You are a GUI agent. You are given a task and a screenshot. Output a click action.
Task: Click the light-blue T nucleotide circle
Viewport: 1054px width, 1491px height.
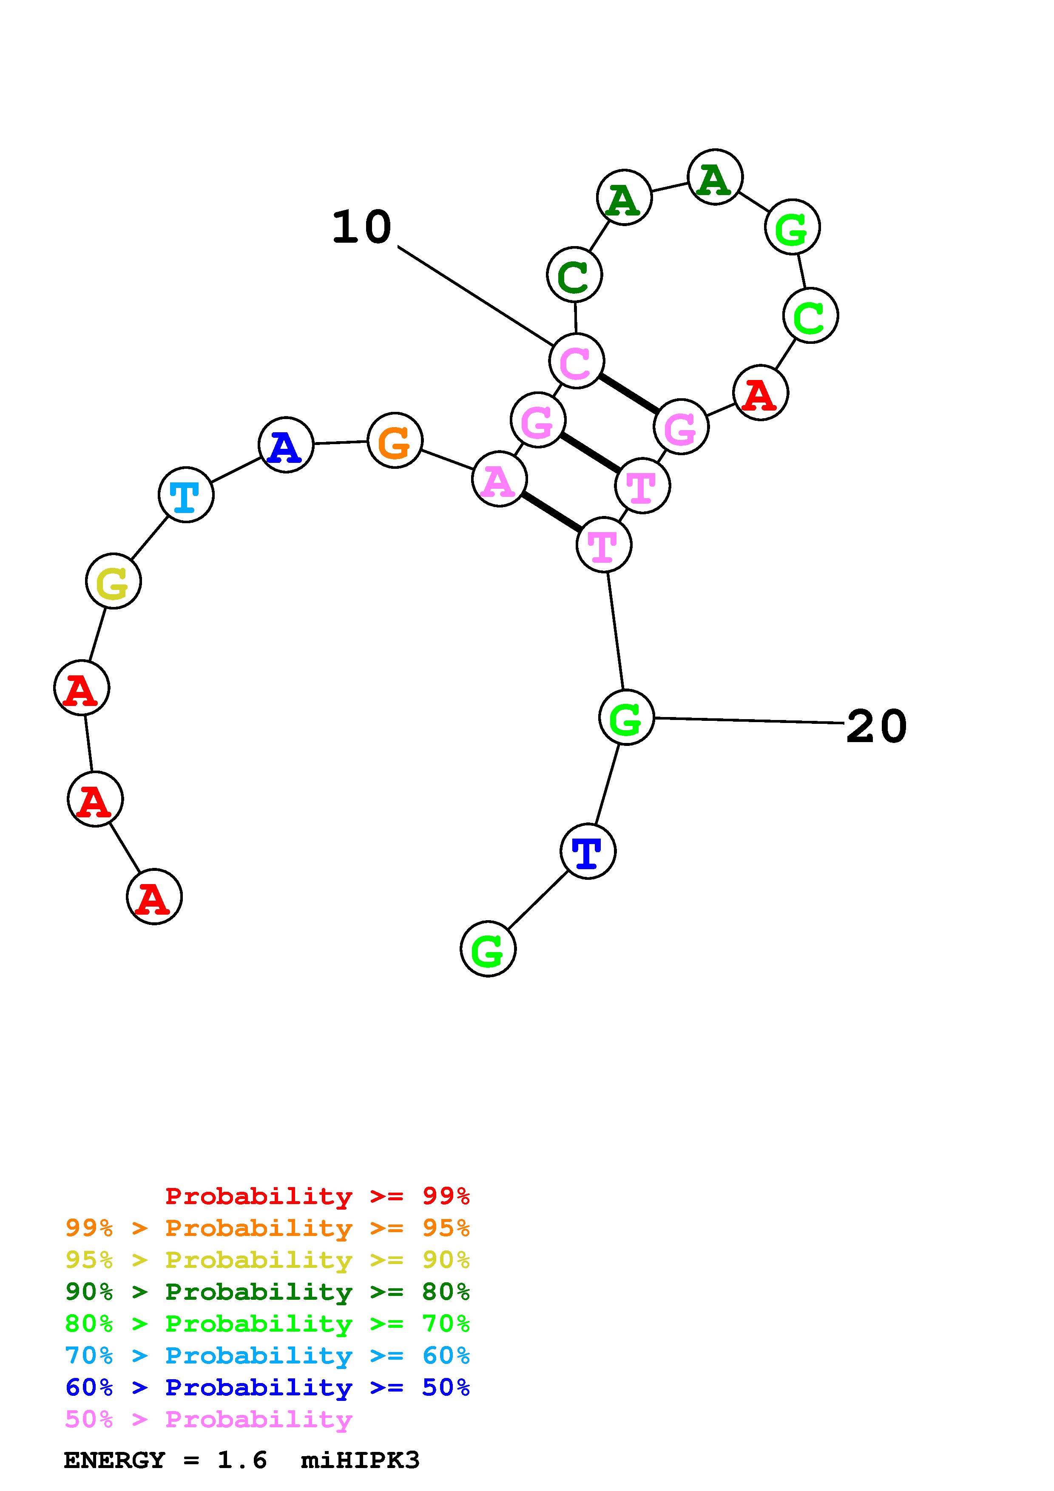186,494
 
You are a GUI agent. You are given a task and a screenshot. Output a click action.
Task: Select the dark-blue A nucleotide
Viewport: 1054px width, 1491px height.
286,445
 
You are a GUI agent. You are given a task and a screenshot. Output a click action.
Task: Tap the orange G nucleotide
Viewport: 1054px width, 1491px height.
395,440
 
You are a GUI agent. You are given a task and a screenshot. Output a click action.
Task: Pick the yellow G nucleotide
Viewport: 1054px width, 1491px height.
114,581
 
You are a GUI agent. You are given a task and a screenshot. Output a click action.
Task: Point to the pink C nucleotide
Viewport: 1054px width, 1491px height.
577,360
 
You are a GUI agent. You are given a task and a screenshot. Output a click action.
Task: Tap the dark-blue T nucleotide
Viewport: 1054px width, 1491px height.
588,851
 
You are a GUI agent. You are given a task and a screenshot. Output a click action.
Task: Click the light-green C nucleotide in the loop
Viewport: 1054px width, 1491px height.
810,316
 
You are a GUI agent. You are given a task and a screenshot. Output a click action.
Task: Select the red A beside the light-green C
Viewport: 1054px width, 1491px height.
761,393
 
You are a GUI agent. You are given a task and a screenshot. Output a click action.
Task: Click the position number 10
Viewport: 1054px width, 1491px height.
362,228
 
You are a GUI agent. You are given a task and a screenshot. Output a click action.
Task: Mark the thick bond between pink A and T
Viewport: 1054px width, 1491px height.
551,512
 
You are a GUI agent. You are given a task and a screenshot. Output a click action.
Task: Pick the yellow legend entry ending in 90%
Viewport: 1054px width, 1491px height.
267,1259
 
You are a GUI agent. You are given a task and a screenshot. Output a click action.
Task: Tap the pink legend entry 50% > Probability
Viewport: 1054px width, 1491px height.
208,1419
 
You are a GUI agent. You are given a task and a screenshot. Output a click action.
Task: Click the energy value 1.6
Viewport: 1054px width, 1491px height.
241,1460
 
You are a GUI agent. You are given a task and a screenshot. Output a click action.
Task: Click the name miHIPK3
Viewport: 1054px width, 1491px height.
361,1460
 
